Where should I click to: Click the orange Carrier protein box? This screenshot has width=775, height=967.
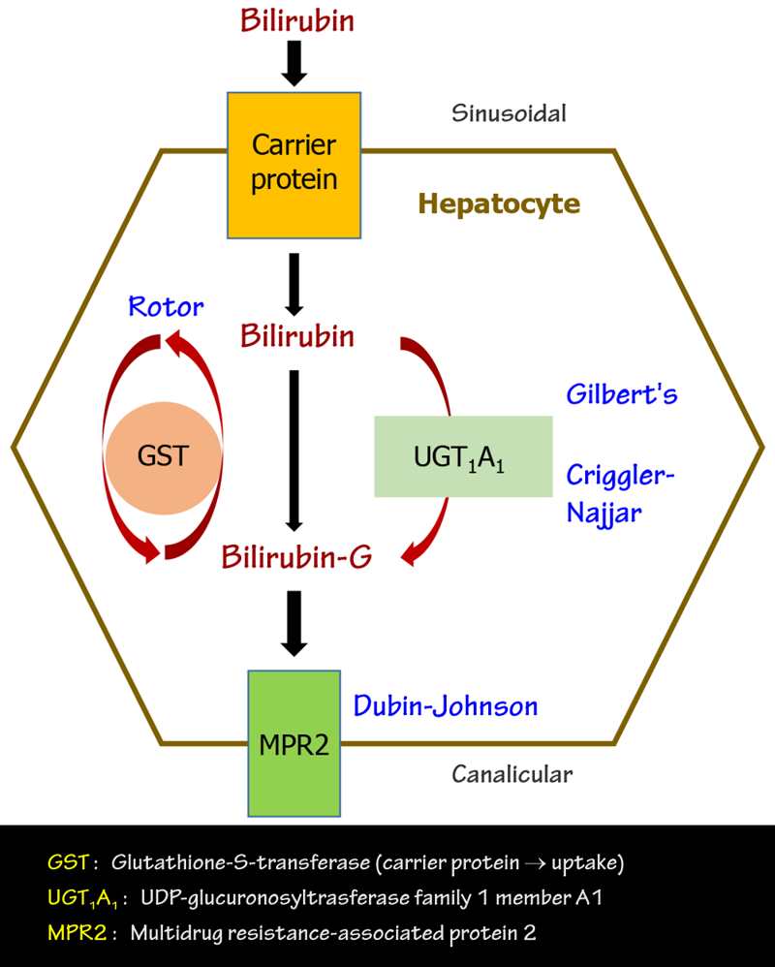tap(294, 165)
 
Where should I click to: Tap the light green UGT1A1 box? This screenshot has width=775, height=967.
tap(463, 455)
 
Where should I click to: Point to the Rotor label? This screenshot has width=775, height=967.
tap(166, 308)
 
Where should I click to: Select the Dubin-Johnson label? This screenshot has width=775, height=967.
tap(446, 705)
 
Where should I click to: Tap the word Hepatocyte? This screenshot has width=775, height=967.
tap(499, 204)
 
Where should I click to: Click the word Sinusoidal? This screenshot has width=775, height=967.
tap(509, 113)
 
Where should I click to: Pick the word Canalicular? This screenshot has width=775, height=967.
tap(512, 774)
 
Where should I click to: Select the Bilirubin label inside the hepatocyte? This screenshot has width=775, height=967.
tap(297, 337)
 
